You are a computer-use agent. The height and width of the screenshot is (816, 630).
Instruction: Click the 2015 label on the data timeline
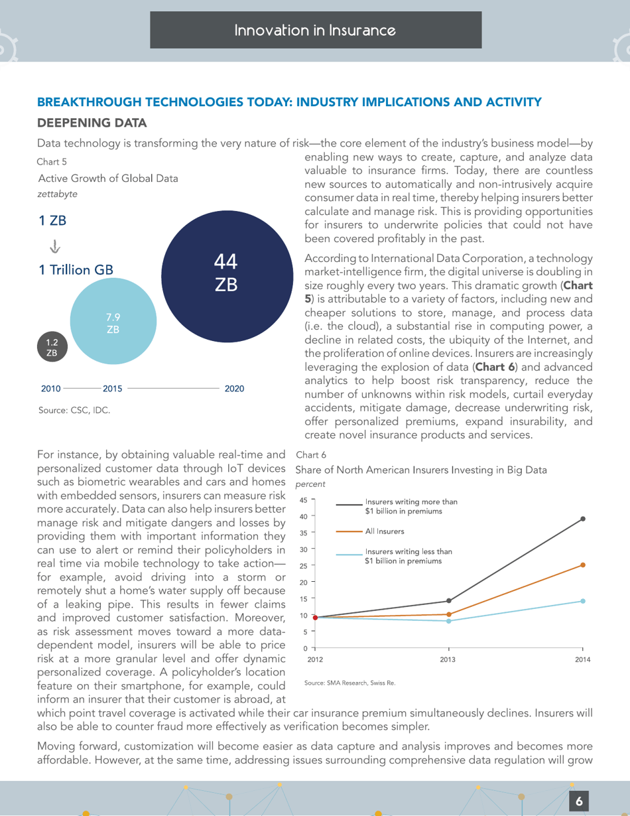[x=112, y=389]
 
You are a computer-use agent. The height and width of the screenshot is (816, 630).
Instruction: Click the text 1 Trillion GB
[x=76, y=270]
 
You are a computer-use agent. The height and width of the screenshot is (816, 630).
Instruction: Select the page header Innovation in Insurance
[x=316, y=30]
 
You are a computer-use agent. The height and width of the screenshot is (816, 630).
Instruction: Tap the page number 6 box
[x=579, y=801]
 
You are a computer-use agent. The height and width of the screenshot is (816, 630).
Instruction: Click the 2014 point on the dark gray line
[x=583, y=519]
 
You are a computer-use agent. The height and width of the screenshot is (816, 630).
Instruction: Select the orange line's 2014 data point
[x=583, y=565]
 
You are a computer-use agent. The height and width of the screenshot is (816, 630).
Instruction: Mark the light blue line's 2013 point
[x=449, y=621]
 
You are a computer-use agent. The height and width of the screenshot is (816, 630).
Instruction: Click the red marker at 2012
[x=315, y=618]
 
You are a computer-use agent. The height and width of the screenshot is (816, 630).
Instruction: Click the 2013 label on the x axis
[x=449, y=660]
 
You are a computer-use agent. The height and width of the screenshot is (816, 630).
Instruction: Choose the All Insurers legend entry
[x=385, y=531]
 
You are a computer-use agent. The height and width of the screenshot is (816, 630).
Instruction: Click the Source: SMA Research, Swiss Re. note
[x=349, y=682]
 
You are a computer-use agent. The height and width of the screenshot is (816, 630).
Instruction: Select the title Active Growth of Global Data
[x=107, y=178]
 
